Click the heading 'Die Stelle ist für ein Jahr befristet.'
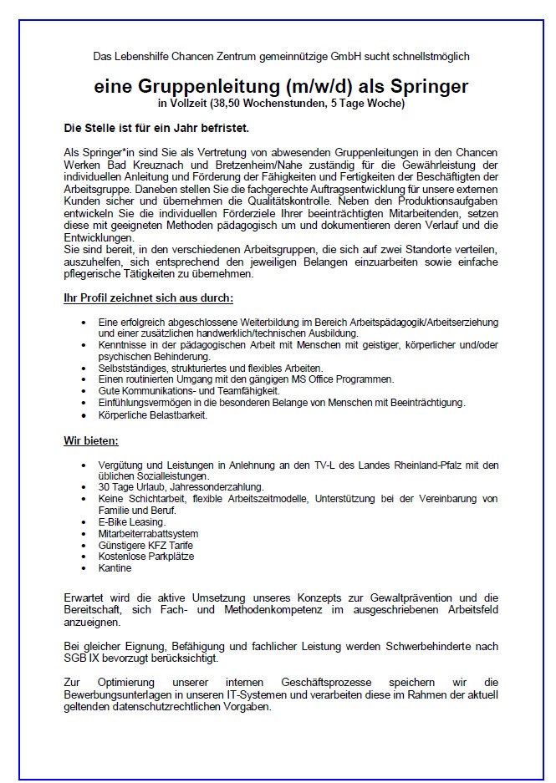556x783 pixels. pyautogui.click(x=156, y=130)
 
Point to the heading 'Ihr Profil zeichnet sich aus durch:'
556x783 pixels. pyautogui.click(x=148, y=298)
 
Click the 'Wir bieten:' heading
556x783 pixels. pyautogui.click(x=91, y=440)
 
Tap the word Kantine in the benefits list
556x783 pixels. pyautogui.click(x=115, y=568)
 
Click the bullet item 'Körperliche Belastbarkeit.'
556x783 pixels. pyautogui.click(x=151, y=414)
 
